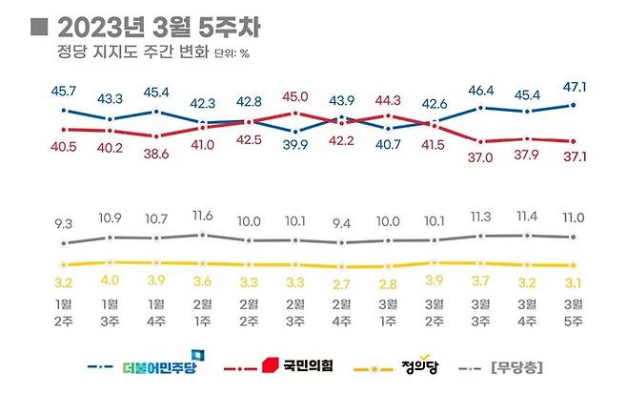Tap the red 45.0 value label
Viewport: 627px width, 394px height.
coord(295,95)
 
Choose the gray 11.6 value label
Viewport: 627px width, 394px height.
coord(202,218)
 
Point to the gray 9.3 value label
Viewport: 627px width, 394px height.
coord(65,223)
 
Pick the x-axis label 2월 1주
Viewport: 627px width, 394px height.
coord(202,313)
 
